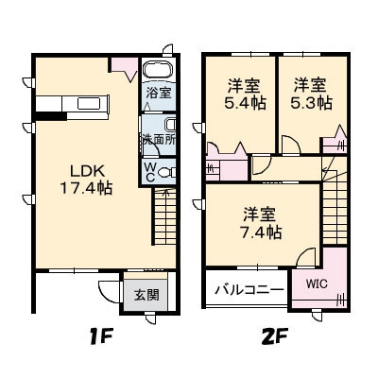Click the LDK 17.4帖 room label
click(x=86, y=180)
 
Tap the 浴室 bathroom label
click(x=159, y=93)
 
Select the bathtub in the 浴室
click(x=158, y=70)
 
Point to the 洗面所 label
click(x=159, y=139)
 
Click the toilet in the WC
click(x=166, y=173)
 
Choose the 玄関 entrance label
click(x=146, y=295)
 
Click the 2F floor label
click(x=275, y=338)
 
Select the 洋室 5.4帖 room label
click(x=245, y=94)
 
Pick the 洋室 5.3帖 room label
click(x=311, y=94)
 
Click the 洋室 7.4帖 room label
click(x=260, y=223)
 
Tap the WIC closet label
click(x=317, y=283)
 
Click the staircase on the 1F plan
click(x=165, y=216)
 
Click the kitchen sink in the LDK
click(x=89, y=103)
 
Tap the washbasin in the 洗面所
click(x=170, y=125)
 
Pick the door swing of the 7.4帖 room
click(x=305, y=257)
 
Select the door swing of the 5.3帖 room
click(x=291, y=146)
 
